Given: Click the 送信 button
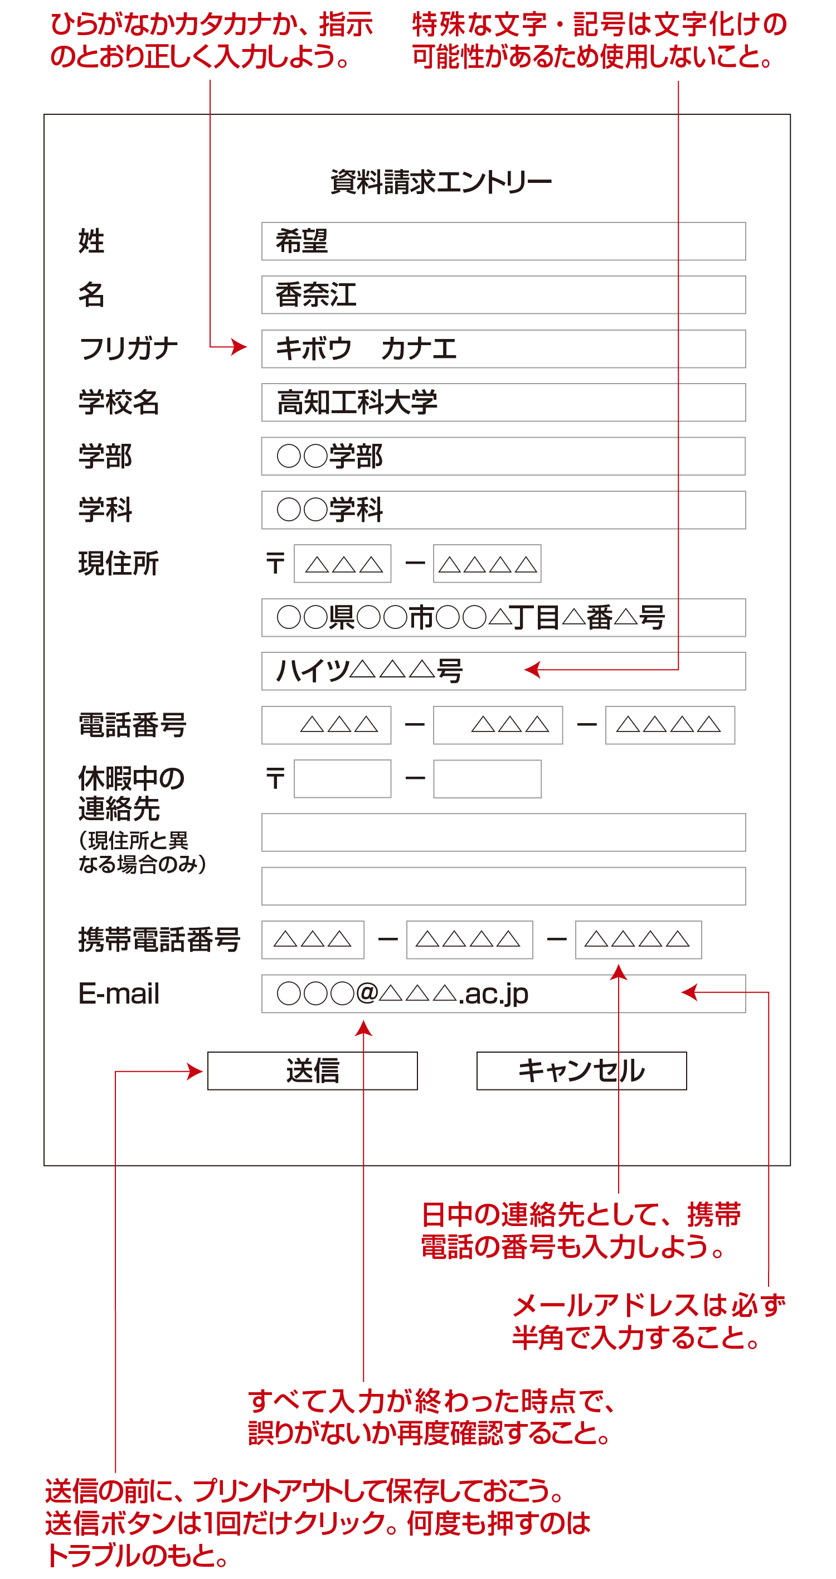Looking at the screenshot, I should (312, 1071).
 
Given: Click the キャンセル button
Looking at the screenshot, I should (581, 1071).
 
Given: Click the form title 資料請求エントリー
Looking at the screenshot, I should (441, 182).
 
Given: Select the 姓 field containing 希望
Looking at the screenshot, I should (503, 241).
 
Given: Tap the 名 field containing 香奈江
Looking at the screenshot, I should (503, 295).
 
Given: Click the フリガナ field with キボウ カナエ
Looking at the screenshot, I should (503, 349).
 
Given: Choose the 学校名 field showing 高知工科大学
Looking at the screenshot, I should (503, 402).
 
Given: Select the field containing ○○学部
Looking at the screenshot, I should (503, 456).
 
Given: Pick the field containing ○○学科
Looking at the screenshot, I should (503, 510).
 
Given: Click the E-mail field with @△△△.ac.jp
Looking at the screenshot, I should (503, 994).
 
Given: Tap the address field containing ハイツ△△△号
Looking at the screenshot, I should (503, 671).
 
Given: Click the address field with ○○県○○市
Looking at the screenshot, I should (503, 617).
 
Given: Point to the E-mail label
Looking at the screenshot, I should (119, 994).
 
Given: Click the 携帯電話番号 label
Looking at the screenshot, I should (159, 939).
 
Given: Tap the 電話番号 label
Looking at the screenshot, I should (133, 725).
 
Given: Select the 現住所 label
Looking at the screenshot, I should (118, 563).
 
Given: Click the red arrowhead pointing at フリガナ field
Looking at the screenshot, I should (240, 347).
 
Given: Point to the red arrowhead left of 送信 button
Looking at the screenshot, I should (196, 1072).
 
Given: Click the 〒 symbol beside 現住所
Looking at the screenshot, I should (275, 563).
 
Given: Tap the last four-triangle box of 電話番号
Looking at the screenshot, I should (669, 725).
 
